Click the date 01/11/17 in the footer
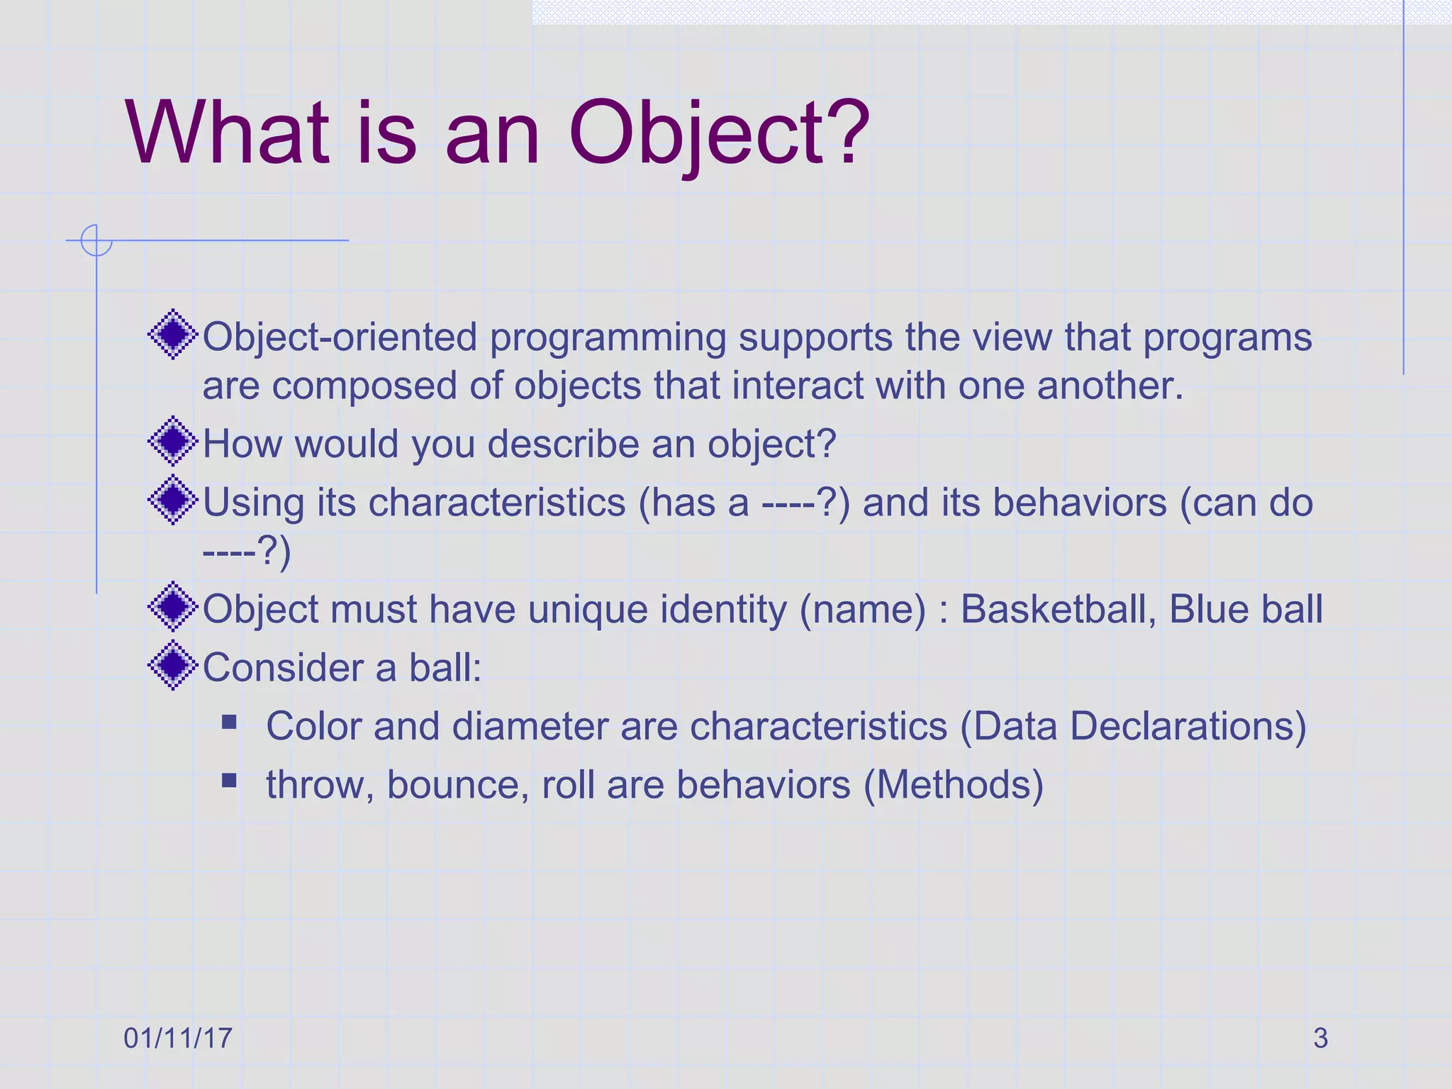(x=177, y=1038)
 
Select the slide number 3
(x=1320, y=1038)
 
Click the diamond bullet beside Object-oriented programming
(x=172, y=335)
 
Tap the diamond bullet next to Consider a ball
(x=172, y=665)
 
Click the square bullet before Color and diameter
(x=229, y=722)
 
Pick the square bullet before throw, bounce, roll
(x=229, y=781)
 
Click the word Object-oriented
(x=340, y=337)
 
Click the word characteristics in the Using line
(x=497, y=502)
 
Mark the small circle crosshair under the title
(x=96, y=240)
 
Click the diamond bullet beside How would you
(x=172, y=441)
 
